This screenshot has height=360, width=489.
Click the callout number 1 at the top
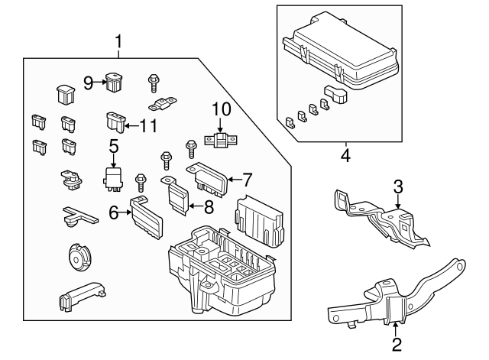pos(118,40)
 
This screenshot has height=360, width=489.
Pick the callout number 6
pos(114,214)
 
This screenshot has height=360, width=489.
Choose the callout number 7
pos(247,181)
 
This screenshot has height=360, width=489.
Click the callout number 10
pos(220,107)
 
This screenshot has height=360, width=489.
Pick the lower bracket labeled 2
pos(390,298)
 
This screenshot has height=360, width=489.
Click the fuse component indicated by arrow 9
pos(115,81)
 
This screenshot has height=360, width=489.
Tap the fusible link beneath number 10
pos(220,140)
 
